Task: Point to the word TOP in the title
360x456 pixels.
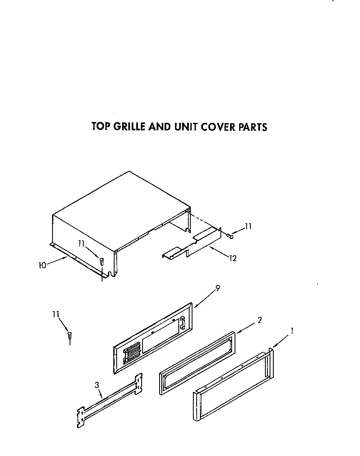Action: (100, 126)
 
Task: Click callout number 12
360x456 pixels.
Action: (232, 259)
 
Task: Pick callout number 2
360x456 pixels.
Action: (259, 320)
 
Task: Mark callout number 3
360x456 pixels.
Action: (97, 385)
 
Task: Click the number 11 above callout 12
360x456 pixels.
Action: (248, 227)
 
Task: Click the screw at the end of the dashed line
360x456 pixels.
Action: (230, 236)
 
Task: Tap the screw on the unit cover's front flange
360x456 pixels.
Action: (101, 261)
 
